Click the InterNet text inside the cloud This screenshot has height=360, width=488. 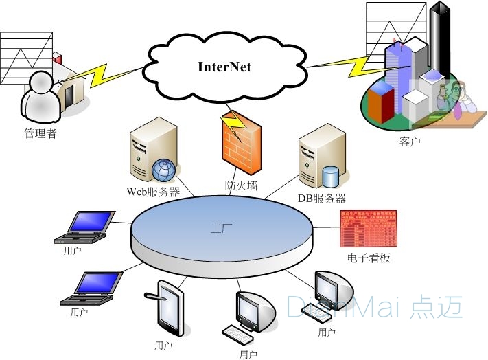point(224,67)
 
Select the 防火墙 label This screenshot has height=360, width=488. point(240,185)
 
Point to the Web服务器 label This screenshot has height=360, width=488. point(153,192)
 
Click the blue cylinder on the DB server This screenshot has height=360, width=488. point(331,177)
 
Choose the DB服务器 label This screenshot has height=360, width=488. point(321,199)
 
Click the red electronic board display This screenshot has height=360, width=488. point(369,228)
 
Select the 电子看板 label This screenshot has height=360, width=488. point(369,258)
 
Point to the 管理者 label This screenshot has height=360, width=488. point(39,133)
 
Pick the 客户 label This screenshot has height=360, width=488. point(409,142)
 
